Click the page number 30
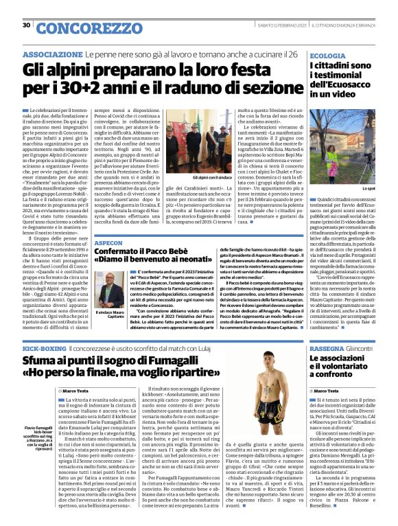[26, 25]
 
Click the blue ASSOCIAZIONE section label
[49, 54]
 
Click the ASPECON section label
[109, 243]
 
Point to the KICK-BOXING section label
[42, 350]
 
